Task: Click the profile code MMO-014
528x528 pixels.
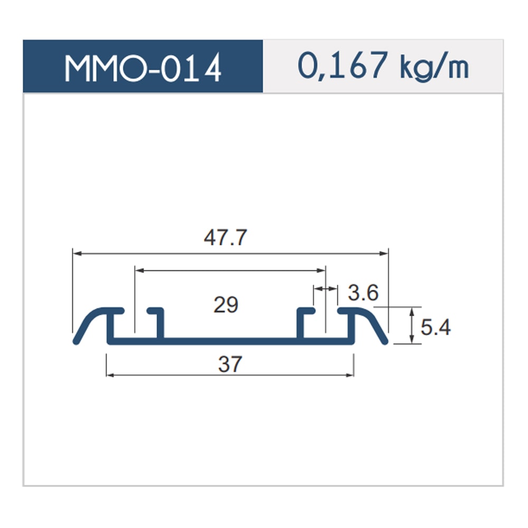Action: click(x=143, y=68)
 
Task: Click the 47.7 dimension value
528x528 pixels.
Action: click(x=225, y=237)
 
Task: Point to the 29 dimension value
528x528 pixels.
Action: click(x=226, y=305)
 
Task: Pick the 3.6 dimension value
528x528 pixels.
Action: click(x=363, y=293)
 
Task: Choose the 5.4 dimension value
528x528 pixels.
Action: click(x=436, y=327)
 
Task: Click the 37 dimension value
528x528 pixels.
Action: click(x=230, y=364)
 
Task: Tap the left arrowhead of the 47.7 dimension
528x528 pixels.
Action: click(x=77, y=253)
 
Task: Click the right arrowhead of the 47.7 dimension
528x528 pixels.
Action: click(x=384, y=253)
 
